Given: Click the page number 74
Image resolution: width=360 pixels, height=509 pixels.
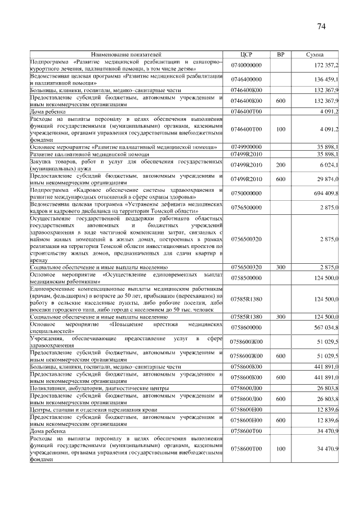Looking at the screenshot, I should point(322,26).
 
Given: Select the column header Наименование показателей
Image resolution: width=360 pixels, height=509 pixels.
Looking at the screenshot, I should point(126,54).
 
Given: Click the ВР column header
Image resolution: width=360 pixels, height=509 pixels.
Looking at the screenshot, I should point(281,54).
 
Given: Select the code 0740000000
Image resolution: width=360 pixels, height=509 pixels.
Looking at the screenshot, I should point(246,65).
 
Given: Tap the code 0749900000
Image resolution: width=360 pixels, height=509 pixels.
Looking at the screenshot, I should point(246,146).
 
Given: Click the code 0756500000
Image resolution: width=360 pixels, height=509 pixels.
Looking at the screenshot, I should point(246,208).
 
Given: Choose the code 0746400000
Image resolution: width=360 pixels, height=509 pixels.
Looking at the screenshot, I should point(246,79).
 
